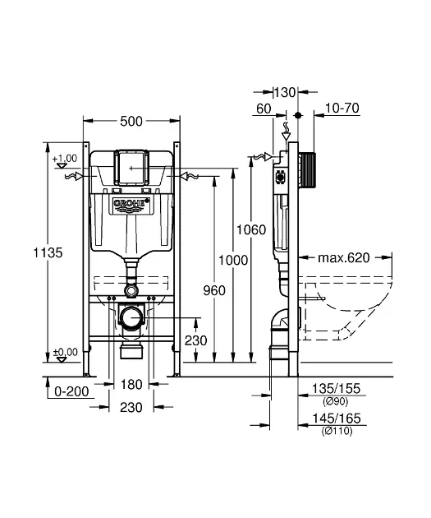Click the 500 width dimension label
[x=131, y=121]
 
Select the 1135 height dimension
[x=48, y=252]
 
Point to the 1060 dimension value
[x=251, y=229]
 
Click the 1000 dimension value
[x=233, y=261]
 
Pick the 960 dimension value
[x=214, y=291]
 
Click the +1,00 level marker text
[x=65, y=158]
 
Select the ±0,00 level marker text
[x=66, y=352]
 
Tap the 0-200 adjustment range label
[x=71, y=391]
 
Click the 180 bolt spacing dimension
[x=131, y=385]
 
